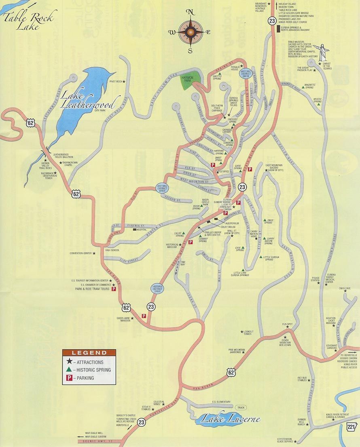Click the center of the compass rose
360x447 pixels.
click(190, 32)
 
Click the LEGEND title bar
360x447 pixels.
click(89, 353)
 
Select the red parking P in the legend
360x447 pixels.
click(69, 378)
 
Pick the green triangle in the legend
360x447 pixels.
click(69, 370)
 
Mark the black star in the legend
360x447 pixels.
click(69, 362)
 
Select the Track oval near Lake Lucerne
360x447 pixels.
click(241, 407)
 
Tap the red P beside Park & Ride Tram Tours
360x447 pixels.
click(114, 289)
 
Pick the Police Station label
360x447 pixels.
click(316, 278)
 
